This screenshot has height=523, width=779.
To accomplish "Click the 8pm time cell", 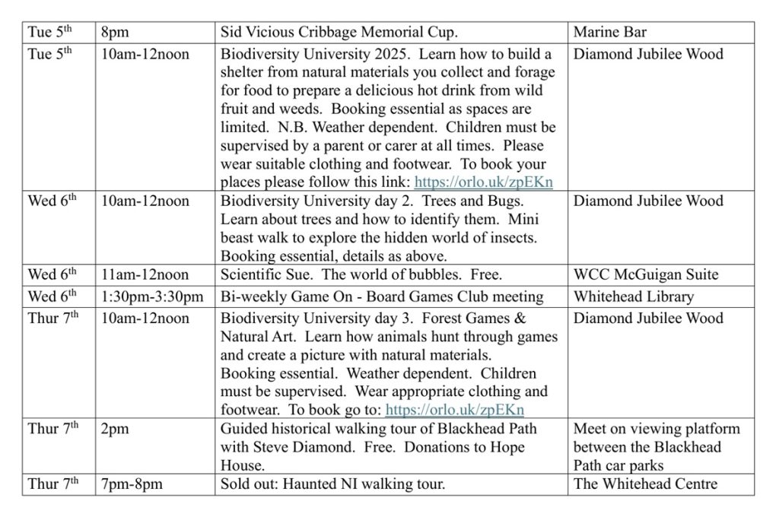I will pyautogui.click(x=115, y=33).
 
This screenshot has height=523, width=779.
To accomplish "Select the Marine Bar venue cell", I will pyautogui.click(x=610, y=33).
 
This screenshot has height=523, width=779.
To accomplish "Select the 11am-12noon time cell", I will pyautogui.click(x=145, y=274).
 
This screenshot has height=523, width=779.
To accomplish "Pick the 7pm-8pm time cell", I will pyautogui.click(x=132, y=484).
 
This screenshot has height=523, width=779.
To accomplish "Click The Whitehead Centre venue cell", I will pyautogui.click(x=645, y=484).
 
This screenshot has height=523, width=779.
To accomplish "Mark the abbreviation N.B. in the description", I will pyautogui.click(x=300, y=127).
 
